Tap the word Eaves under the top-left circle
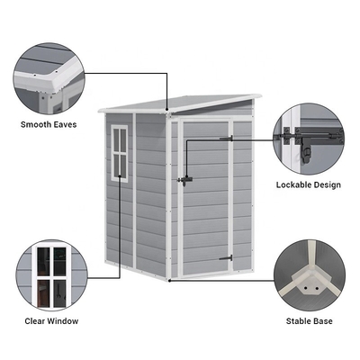pos(65,124)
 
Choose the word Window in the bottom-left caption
pos(63,321)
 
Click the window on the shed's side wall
pos(120,153)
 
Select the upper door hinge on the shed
pos(227,139)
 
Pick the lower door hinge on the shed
pos(226,258)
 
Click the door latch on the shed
pos(184,180)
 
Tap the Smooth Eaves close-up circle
pos(49,78)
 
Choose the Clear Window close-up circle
pos(51,275)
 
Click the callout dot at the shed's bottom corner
pos(170,281)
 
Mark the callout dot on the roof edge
pos(167,110)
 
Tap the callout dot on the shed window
pos(120,176)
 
